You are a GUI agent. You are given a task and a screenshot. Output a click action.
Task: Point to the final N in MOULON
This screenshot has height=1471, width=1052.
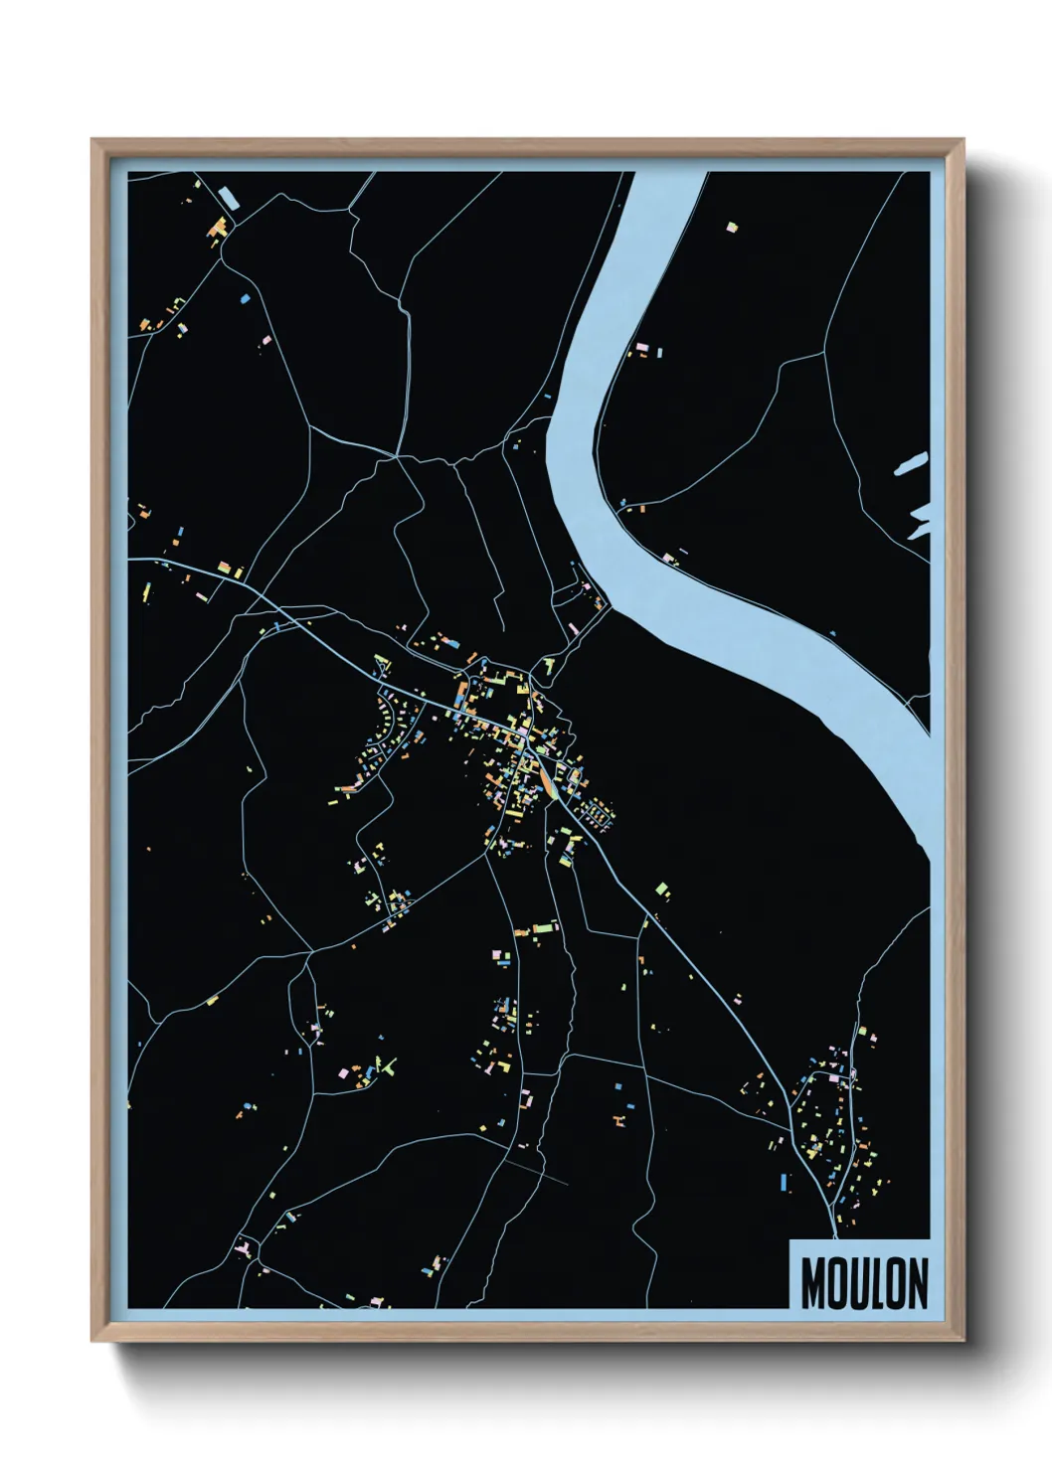point(918,1285)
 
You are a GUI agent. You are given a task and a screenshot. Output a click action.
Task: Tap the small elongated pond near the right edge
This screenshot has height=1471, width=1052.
point(910,464)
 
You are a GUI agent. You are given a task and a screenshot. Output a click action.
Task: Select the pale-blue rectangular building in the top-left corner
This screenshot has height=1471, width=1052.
point(230,196)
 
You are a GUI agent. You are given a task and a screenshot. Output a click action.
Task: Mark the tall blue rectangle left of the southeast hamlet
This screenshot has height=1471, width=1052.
point(785,1182)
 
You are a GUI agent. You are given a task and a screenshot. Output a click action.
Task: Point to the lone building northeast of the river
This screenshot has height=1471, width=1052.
point(733,228)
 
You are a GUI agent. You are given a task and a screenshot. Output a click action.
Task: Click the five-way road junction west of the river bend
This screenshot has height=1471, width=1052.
point(397,456)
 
